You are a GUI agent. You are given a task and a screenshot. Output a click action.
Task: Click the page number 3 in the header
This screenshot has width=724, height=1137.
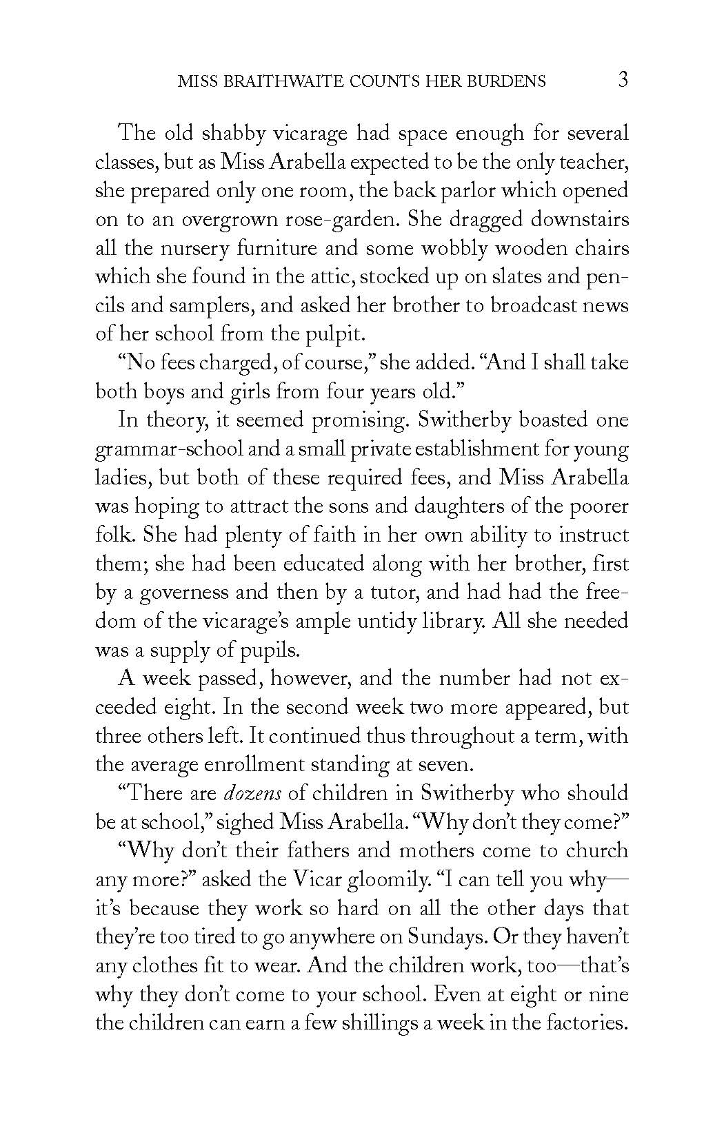[x=623, y=80]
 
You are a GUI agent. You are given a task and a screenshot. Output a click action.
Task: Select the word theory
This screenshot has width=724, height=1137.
[x=185, y=420]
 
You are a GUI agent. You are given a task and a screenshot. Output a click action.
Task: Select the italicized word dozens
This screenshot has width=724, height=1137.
[x=253, y=793]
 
